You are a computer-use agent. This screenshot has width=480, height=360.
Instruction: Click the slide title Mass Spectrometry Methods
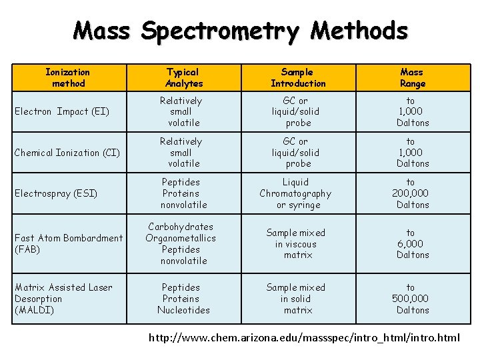click(240, 31)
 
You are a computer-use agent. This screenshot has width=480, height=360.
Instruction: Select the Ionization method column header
click(68, 77)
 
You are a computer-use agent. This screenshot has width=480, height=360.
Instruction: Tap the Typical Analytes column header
click(183, 77)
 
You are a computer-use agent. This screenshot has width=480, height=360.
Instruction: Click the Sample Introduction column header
click(298, 77)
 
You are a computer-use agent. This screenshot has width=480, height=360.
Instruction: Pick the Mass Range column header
click(412, 77)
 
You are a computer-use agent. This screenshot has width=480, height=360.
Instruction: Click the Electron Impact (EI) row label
click(62, 111)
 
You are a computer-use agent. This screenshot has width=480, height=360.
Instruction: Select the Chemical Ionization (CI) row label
click(67, 153)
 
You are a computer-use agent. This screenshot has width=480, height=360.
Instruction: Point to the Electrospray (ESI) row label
click(56, 193)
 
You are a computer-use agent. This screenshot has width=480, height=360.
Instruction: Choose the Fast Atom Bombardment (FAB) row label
click(69, 243)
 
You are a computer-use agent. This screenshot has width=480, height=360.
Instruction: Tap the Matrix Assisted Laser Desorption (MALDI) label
click(63, 299)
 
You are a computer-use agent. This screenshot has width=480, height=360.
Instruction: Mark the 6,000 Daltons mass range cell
click(412, 243)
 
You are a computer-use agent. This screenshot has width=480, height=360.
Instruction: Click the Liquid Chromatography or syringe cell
click(296, 193)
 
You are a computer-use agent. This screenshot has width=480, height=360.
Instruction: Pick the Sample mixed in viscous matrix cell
click(296, 243)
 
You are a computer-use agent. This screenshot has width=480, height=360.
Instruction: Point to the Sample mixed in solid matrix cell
click(296, 299)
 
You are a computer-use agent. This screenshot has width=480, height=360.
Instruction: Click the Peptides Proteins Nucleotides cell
click(183, 299)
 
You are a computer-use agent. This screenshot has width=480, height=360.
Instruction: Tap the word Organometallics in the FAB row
click(181, 238)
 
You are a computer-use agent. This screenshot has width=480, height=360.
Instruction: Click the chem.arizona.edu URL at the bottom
click(304, 337)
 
